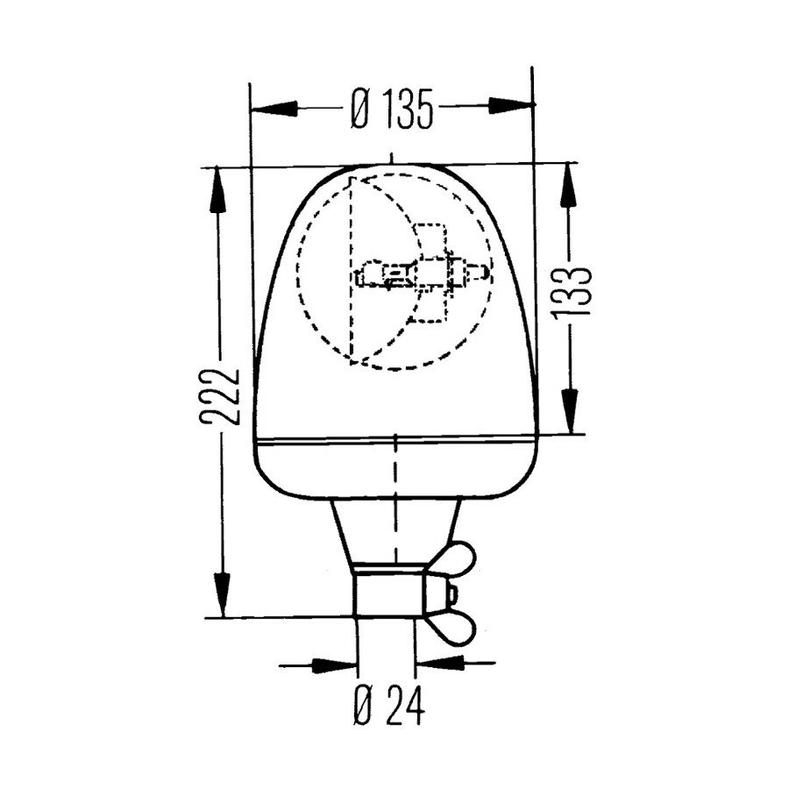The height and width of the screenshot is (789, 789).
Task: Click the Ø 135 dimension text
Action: (x=392, y=110)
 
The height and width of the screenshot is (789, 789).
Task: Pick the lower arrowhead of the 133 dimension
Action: (x=571, y=416)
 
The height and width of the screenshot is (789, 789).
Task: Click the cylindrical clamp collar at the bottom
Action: (x=388, y=594)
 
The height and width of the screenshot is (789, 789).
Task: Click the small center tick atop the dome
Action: (x=393, y=159)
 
